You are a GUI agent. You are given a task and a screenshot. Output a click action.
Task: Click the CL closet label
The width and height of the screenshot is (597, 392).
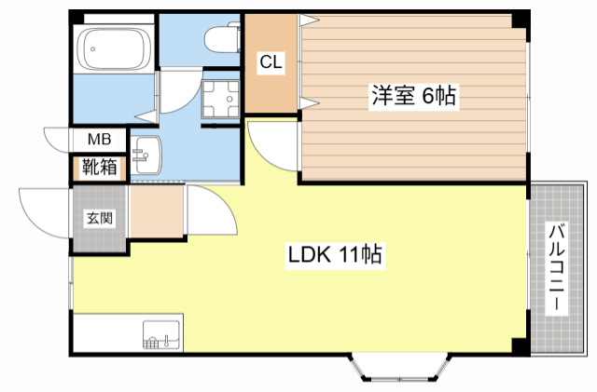271,61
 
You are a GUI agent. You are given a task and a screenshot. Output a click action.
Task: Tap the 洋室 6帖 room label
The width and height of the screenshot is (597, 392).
413,95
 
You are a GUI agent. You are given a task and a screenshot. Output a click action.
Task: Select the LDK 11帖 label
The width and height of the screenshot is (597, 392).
335,255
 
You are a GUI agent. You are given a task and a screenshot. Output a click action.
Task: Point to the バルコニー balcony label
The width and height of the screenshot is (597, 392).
556,268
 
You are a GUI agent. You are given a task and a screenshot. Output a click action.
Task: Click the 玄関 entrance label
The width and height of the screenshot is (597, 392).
100,218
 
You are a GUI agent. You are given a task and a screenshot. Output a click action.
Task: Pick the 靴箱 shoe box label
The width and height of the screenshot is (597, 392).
100,167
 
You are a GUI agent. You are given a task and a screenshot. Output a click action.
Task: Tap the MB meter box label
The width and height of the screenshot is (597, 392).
100,139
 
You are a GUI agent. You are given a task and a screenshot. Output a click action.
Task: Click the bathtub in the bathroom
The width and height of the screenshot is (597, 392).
114,48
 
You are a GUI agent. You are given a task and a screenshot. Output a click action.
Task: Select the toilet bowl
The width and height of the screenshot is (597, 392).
222,38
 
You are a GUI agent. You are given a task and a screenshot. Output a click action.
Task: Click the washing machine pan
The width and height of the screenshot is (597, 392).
220,100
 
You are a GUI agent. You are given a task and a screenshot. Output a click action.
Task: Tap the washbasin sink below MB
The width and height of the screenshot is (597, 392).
146,155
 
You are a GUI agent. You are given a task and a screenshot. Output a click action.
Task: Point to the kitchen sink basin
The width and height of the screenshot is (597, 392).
161,334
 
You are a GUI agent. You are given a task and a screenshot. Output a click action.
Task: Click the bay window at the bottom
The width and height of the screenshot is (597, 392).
400,368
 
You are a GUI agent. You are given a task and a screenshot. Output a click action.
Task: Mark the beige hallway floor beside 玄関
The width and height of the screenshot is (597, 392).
156,211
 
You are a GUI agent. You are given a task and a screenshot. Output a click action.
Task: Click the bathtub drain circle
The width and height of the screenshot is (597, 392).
92,48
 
